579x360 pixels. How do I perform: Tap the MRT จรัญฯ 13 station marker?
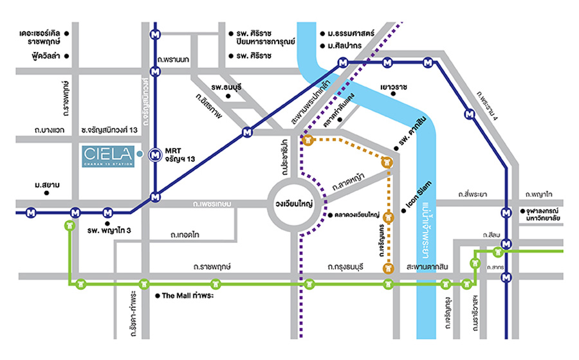click(x=154, y=154)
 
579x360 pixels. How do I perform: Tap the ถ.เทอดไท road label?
click(x=185, y=235)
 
